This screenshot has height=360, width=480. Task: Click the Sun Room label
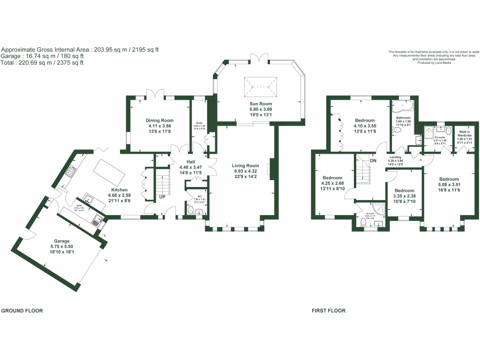[x=261, y=104]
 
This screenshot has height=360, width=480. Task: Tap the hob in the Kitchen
[x=70, y=172]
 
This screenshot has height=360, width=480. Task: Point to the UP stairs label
[x=162, y=197]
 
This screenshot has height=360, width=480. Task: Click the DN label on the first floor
[x=373, y=160]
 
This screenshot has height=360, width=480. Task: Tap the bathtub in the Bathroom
[x=403, y=107]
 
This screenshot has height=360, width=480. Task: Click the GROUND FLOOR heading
[x=22, y=311]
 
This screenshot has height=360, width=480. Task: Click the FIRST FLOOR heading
[x=329, y=311]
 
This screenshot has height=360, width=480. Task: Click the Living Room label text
[x=246, y=165]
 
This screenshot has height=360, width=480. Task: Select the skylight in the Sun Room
[x=261, y=86]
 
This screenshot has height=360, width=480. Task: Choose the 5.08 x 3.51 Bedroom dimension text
[x=449, y=185]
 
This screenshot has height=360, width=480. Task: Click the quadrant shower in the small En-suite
[x=378, y=209]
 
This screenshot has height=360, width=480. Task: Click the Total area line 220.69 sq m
[x=42, y=62]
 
